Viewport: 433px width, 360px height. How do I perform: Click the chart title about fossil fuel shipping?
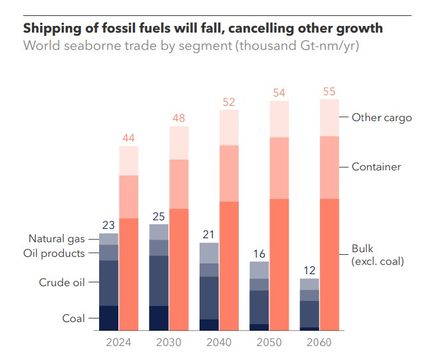[203, 29]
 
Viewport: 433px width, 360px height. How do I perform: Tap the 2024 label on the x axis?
[118, 343]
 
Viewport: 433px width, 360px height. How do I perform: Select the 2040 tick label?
[219, 343]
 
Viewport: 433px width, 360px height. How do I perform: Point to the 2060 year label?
[320, 343]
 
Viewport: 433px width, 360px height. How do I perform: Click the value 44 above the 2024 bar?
[129, 138]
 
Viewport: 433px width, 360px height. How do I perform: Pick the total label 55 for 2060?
[329, 91]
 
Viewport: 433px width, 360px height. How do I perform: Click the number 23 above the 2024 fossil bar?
[108, 225]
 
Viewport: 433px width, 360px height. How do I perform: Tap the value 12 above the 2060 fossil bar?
[309, 270]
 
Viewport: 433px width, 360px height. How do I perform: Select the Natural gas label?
[57, 238]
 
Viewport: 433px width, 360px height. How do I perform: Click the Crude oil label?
[62, 282]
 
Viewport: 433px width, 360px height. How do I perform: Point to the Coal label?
[73, 318]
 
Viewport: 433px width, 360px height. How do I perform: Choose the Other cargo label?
[382, 117]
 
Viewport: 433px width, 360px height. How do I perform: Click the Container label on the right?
[376, 166]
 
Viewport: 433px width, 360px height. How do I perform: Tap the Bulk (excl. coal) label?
[377, 256]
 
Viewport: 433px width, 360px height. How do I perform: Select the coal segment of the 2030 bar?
[158, 317]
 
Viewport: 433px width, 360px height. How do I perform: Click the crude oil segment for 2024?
[108, 283]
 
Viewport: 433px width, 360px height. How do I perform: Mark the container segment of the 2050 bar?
[279, 168]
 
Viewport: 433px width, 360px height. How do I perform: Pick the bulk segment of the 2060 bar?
[329, 264]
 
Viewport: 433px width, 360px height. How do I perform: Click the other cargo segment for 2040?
[229, 127]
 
